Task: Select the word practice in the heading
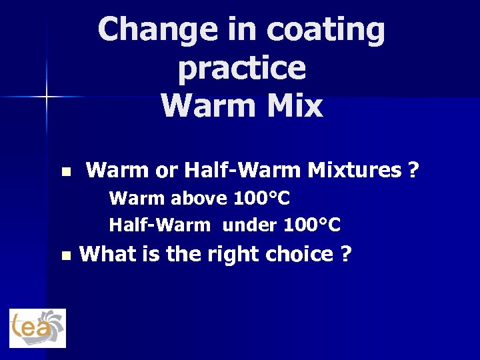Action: (x=242, y=67)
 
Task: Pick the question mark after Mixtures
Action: (x=413, y=171)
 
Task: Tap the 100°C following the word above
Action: (x=262, y=199)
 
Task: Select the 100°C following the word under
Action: (x=312, y=225)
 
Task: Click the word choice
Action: (x=299, y=254)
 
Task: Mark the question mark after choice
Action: (x=345, y=254)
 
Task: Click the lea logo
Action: (x=37, y=328)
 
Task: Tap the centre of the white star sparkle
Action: (x=47, y=97)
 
